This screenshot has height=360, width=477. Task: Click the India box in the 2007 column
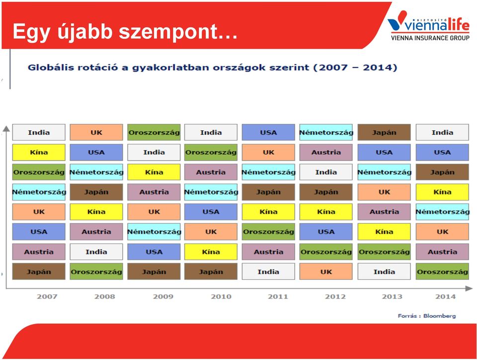click(39, 132)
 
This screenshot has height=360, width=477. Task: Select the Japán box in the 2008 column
click(96, 192)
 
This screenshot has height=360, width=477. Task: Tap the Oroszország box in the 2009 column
click(154, 132)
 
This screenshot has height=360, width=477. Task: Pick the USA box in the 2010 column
click(211, 212)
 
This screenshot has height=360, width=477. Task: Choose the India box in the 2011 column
click(268, 271)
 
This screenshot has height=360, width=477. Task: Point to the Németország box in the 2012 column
click(326, 132)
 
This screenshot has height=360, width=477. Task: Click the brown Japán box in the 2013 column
click(384, 132)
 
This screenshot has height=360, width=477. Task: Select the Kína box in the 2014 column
click(442, 192)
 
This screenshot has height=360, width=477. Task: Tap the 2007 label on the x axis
click(47, 297)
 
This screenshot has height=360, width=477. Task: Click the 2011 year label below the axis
click(278, 297)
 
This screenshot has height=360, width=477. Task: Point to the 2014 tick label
click(445, 297)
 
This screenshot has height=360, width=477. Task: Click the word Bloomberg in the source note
click(440, 316)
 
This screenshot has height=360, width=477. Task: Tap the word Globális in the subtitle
click(51, 67)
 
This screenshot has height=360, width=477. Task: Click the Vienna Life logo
click(429, 25)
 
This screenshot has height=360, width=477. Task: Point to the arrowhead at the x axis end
click(469, 288)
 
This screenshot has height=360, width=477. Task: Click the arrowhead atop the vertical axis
click(6, 129)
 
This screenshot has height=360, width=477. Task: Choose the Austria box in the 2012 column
click(326, 152)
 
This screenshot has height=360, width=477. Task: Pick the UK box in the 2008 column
click(96, 132)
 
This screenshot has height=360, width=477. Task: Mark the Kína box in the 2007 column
click(39, 152)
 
